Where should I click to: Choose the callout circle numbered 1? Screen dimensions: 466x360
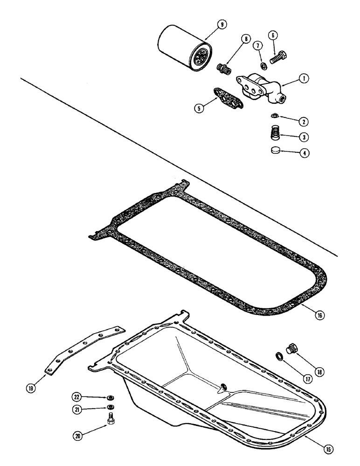pos(304,79)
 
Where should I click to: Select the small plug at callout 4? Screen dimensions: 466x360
pos(277,151)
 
